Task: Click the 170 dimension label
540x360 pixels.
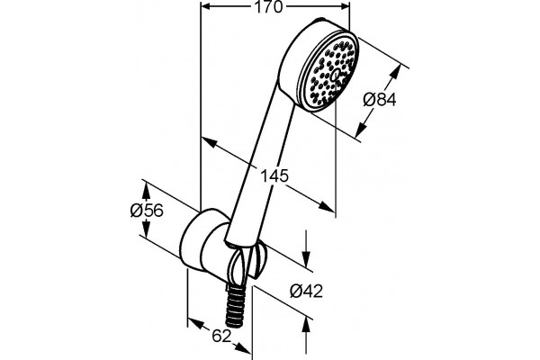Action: pos(268,7)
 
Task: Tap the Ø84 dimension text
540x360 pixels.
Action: pos(380,100)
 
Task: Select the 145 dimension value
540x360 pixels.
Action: pos(274,176)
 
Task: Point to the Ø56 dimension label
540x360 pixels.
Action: pos(147,210)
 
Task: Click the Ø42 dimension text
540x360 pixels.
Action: pos(306,291)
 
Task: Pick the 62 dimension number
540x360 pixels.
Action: pos(221,337)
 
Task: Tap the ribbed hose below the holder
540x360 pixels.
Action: pos(235,304)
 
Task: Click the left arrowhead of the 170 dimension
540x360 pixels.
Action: pos(205,6)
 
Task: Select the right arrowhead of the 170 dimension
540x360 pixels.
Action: pos(345,6)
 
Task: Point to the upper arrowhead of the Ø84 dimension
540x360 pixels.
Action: pos(397,71)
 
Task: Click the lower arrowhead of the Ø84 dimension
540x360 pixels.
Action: pos(361,130)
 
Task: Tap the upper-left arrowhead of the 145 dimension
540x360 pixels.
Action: pos(208,142)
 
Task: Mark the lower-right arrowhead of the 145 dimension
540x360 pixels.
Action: pos(327,206)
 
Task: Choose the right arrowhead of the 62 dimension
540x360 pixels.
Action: pos(244,348)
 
